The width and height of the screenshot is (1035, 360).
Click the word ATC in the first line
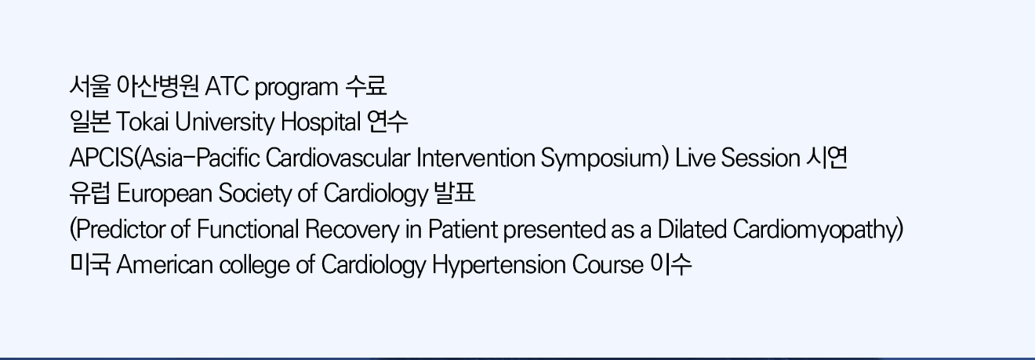pos(227,86)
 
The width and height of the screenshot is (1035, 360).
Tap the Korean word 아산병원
pos(158,86)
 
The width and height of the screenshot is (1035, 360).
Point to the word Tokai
pos(143,122)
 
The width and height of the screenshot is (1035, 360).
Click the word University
pos(224,123)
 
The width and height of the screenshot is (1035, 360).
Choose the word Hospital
pos(321,123)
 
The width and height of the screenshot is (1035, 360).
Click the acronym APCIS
pos(102,158)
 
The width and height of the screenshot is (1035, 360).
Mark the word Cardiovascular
pos(338,158)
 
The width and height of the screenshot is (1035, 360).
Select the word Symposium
pos(602,159)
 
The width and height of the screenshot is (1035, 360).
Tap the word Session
pos(761,158)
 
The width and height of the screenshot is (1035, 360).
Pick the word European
pos(165,195)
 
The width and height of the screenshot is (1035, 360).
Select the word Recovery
pos(351,230)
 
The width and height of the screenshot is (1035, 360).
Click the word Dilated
pos(692,229)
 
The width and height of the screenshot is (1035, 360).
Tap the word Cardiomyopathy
pos(815,231)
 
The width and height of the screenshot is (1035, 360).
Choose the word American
pos(165,265)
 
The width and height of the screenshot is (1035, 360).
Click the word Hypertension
pos(499,266)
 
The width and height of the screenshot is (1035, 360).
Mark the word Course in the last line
pos(608,265)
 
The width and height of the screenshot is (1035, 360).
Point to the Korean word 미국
pos(90,264)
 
